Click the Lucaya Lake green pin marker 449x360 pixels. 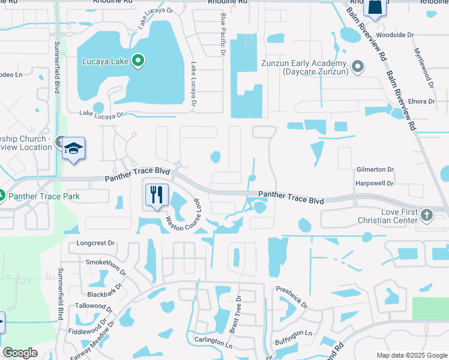pyautogui.click(x=138, y=61)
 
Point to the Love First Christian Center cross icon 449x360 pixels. pyautogui.click(x=427, y=215)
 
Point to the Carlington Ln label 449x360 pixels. pyautogui.click(x=212, y=340)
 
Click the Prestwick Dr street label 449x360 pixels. pyautogui.click(x=292, y=298)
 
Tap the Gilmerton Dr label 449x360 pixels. pyautogui.click(x=375, y=170)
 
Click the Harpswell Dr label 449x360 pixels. pyautogui.click(x=375, y=183)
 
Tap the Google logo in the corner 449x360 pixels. pyautogui.click(x=20, y=353)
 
